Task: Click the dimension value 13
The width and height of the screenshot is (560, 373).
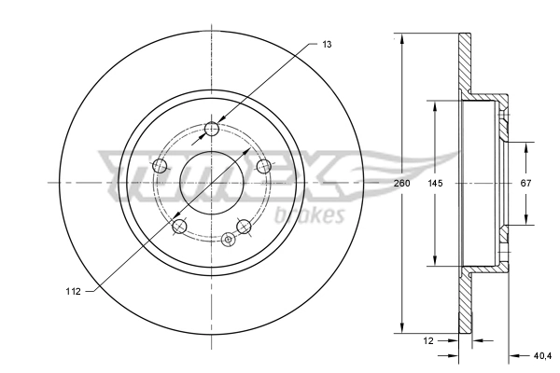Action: (328, 44)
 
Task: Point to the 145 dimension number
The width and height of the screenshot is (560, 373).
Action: (435, 184)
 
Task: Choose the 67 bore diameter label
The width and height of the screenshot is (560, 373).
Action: (525, 184)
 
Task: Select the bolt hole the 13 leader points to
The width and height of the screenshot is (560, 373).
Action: (212, 130)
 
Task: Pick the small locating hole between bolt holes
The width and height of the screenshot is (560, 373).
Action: (227, 239)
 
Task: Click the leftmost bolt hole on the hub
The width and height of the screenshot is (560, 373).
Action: (160, 167)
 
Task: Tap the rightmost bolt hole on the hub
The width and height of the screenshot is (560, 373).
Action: (263, 167)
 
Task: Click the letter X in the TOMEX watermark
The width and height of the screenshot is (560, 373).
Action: (322, 172)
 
